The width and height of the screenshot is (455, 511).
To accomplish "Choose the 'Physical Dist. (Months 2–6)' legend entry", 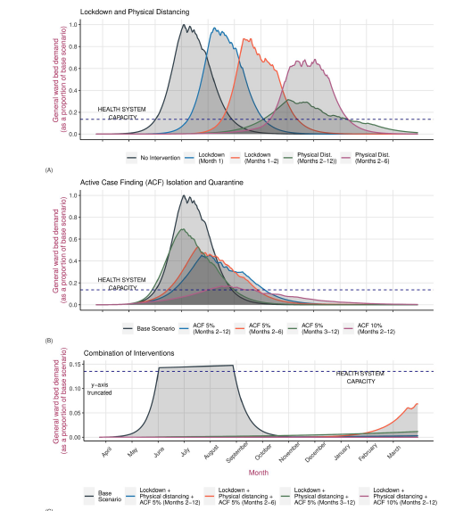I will pos(378,158).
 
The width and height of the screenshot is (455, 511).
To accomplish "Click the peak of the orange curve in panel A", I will pos(248,40).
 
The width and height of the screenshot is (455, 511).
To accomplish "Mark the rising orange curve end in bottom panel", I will pos(417,404).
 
